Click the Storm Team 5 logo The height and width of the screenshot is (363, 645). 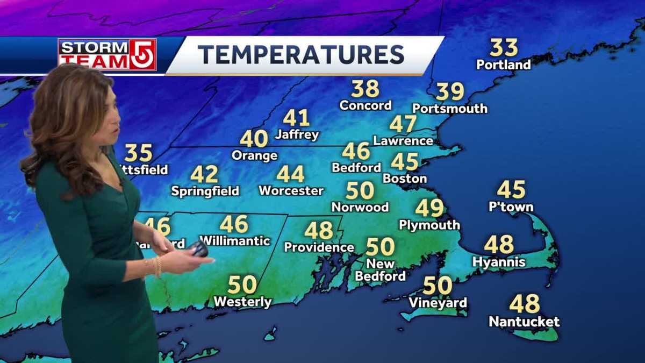pyautogui.click(x=107, y=54)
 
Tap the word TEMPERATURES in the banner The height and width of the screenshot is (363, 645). pyautogui.click(x=300, y=55)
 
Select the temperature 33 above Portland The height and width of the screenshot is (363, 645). pyautogui.click(x=504, y=48)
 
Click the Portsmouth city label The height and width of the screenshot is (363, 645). pyautogui.click(x=450, y=108)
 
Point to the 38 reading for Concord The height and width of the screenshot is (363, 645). pyautogui.click(x=365, y=89)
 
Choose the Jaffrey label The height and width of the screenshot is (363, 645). pyautogui.click(x=297, y=134)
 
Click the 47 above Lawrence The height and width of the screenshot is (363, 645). pyautogui.click(x=403, y=124)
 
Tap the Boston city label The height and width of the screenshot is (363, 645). pyautogui.click(x=405, y=178)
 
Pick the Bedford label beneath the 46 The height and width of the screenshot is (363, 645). pyautogui.click(x=356, y=168)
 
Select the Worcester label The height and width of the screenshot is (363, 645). pyautogui.click(x=291, y=190)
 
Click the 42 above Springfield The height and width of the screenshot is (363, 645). pyautogui.click(x=204, y=174)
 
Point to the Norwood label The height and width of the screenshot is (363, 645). pyautogui.click(x=360, y=207)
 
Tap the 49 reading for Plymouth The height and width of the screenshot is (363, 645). pyautogui.click(x=429, y=208)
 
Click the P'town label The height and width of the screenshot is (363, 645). pyautogui.click(x=511, y=207)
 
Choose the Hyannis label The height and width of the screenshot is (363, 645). pyautogui.click(x=498, y=262)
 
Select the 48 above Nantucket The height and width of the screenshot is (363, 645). pyautogui.click(x=524, y=304)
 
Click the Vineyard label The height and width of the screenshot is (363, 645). pyautogui.click(x=438, y=303)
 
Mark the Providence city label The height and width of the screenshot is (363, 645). pyautogui.click(x=319, y=247)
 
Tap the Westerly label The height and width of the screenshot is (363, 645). pyautogui.click(x=242, y=302)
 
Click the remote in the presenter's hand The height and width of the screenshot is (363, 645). pyautogui.click(x=198, y=249)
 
